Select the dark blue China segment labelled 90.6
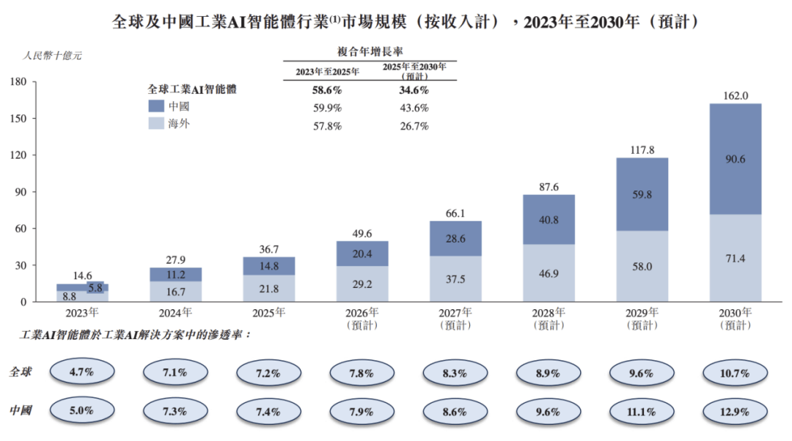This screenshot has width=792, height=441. coord(735,160)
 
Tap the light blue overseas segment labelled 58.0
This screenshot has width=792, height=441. coord(642,267)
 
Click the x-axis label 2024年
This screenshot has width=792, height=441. coord(175,312)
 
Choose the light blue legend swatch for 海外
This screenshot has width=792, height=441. coord(156,125)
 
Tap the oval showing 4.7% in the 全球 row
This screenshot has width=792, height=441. coord(81,373)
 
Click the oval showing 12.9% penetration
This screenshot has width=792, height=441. coord(735,410)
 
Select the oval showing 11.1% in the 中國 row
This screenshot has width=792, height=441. coord(642,410)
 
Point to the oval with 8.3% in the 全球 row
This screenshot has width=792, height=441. coord(455,373)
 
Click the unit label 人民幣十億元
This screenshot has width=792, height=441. coord(53,55)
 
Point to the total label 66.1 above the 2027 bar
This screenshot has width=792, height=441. coord(455,212)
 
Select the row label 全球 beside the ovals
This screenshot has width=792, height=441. coord(21,373)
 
